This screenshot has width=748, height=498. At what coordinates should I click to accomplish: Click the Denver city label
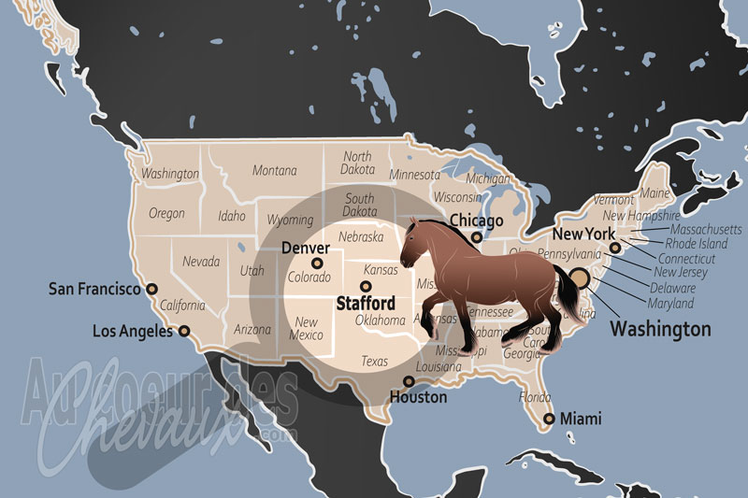tap(305, 249)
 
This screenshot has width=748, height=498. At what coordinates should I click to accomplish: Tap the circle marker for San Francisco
tap(151, 290)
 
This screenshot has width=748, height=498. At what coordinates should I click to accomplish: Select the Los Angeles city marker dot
tap(184, 331)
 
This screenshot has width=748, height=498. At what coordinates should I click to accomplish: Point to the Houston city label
tap(419, 397)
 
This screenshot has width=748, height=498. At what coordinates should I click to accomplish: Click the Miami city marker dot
tap(549, 419)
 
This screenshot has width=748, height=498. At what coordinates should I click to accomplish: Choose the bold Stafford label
tap(365, 303)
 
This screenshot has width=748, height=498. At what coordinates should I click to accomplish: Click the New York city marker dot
tap(614, 249)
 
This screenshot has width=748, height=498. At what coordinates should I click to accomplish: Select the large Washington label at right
tap(660, 329)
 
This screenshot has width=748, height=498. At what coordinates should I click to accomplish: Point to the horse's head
tap(417, 245)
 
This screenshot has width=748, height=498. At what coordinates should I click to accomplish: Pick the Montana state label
tap(274, 171)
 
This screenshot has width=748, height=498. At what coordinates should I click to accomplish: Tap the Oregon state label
tap(166, 214)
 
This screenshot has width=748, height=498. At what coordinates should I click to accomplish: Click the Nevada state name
tap(201, 262)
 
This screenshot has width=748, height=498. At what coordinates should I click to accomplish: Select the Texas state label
tap(374, 361)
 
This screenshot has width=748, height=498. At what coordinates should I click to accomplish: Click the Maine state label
tap(655, 193)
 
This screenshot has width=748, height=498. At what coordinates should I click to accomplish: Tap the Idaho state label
tap(231, 217)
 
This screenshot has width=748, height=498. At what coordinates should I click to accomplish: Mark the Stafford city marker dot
tap(365, 286)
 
